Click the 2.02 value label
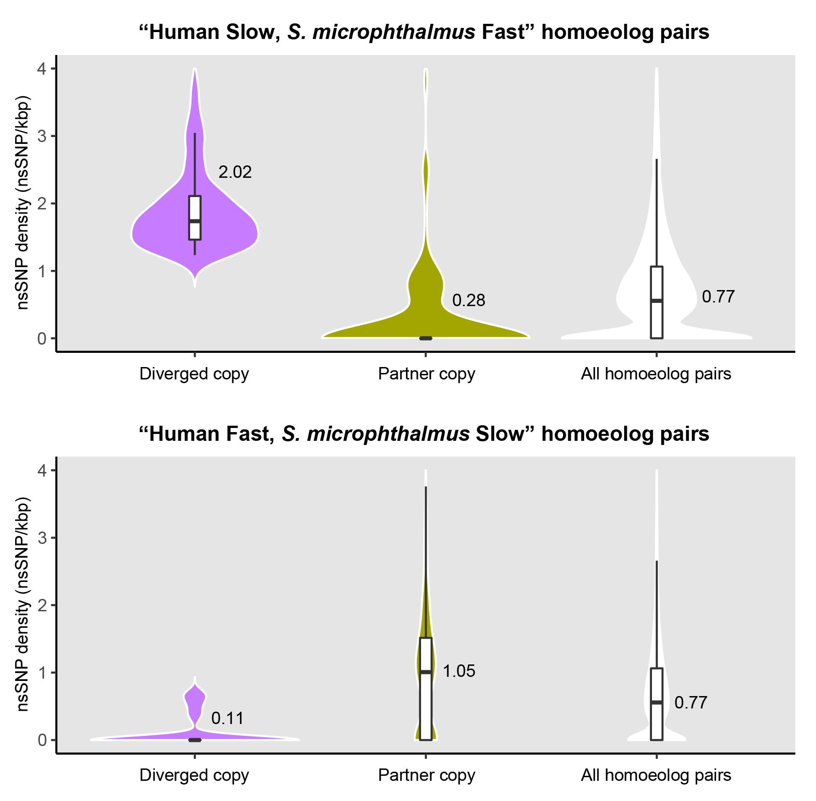(x=235, y=172)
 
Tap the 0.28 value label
(x=468, y=301)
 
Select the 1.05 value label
(x=459, y=671)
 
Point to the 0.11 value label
(x=228, y=719)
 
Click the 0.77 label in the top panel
(x=718, y=297)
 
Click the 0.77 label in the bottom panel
(x=691, y=703)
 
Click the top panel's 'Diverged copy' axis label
(x=194, y=374)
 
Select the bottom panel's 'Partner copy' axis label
(x=427, y=775)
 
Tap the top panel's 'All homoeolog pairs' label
(x=656, y=374)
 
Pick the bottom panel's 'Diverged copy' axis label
(x=194, y=775)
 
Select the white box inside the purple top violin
(x=195, y=218)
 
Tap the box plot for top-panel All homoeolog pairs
(x=657, y=302)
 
